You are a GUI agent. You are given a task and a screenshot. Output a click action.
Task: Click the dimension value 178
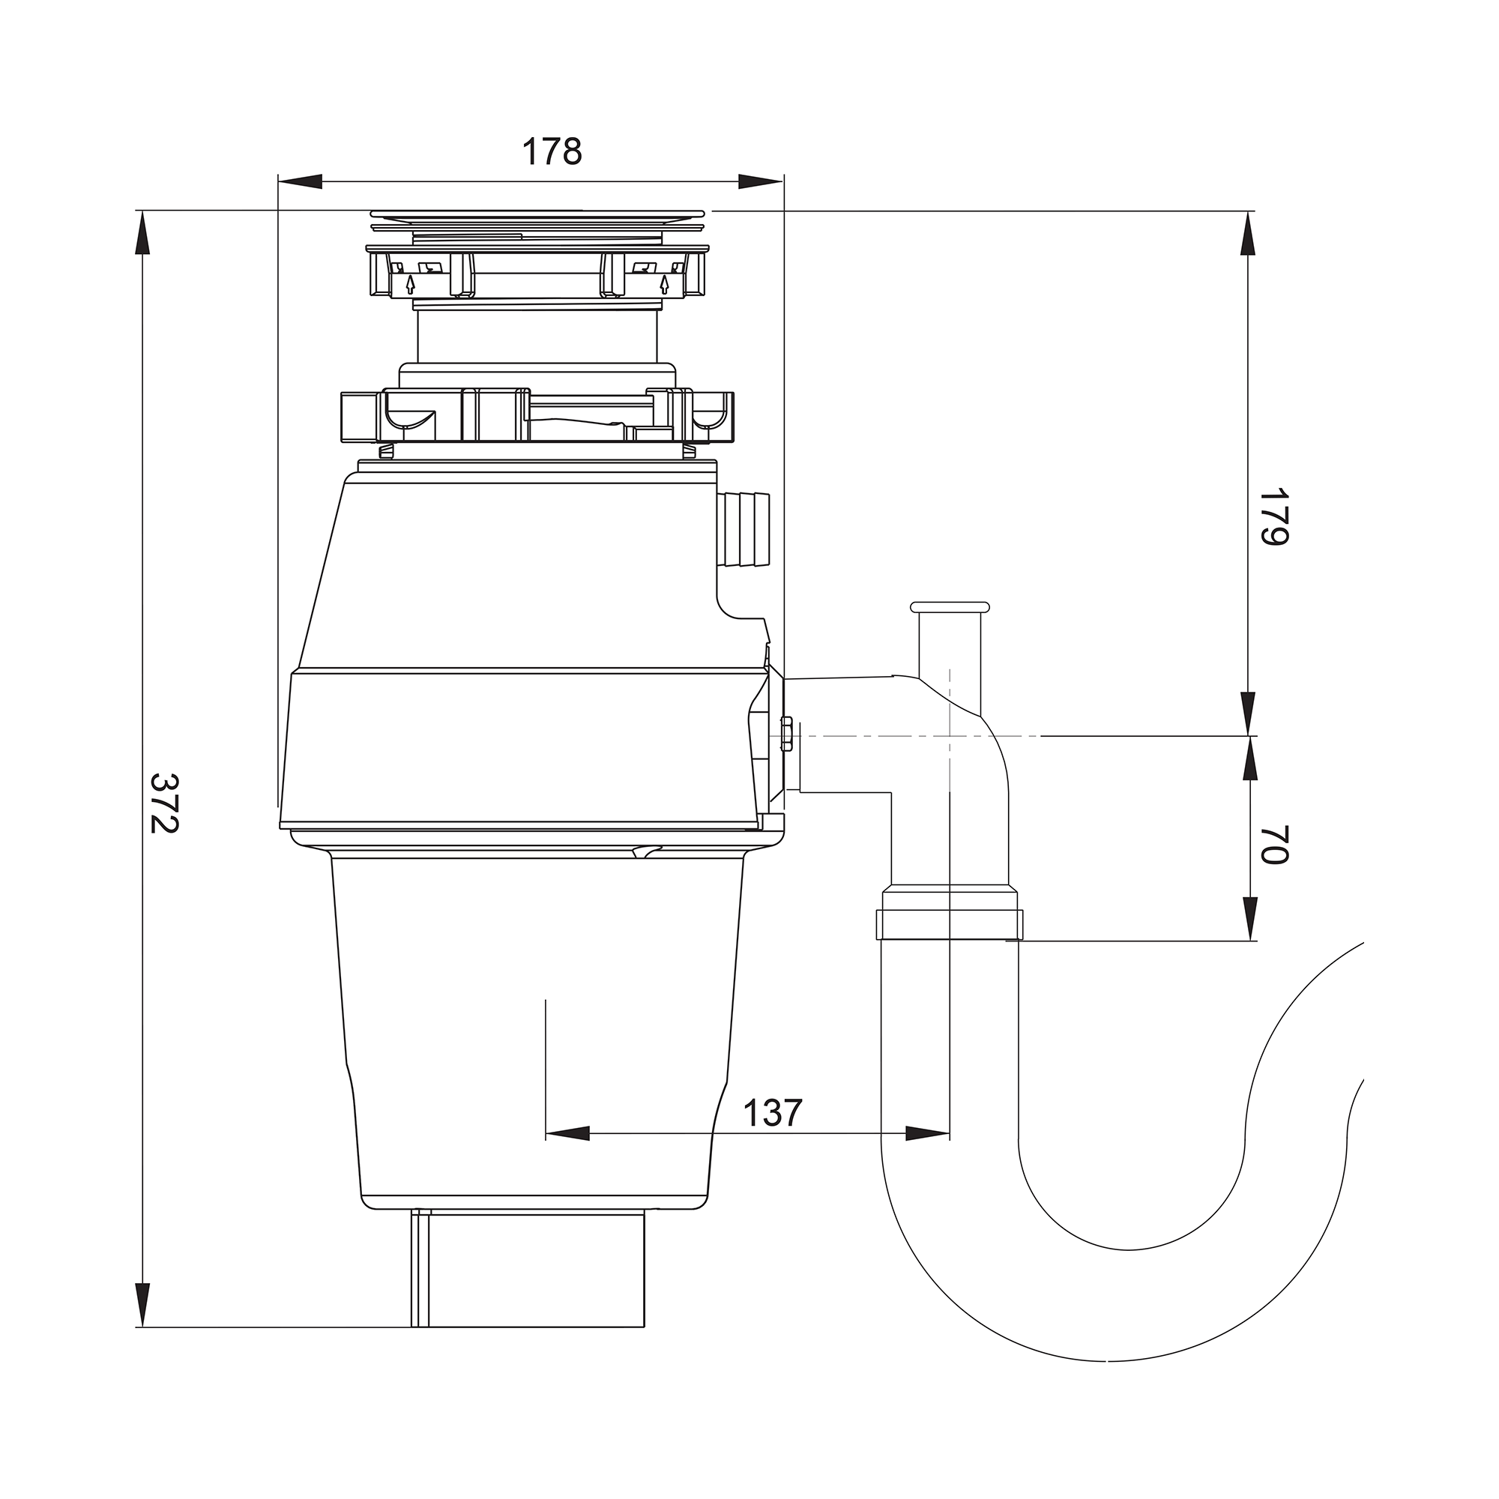552,151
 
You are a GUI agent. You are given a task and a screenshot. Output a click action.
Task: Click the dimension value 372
163,802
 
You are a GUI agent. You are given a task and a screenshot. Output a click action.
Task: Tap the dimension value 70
1273,845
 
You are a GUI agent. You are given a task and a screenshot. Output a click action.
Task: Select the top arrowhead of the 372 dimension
142,233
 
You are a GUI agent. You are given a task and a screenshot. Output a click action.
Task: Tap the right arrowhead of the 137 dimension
927,1133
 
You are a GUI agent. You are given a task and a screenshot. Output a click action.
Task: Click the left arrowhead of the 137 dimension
568,1133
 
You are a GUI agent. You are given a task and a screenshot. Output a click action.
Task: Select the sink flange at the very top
537,214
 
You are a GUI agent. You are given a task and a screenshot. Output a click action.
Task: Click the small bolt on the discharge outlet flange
786,734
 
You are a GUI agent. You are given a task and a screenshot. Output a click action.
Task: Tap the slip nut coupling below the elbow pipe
949,917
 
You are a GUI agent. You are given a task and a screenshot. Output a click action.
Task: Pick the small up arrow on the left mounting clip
411,283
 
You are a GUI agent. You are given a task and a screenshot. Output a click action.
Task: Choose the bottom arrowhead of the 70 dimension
1249,919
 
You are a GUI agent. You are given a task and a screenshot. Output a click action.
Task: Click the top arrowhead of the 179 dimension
1249,234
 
